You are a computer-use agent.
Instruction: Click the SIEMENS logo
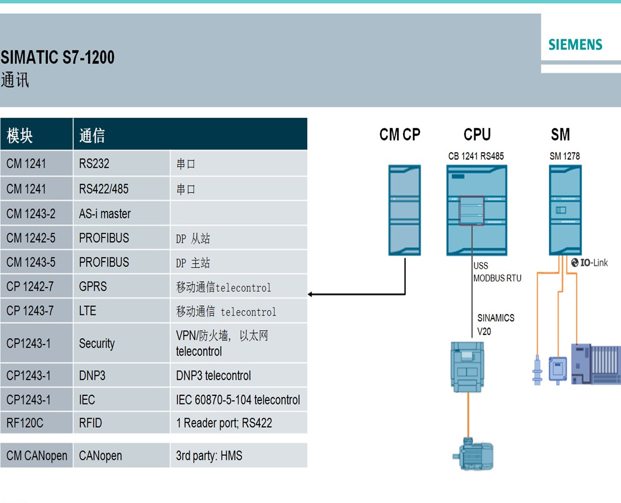point(575,45)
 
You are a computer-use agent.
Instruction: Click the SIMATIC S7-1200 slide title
point(57,57)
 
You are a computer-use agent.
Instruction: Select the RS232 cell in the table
point(94,164)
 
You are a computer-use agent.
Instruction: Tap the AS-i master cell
point(105,214)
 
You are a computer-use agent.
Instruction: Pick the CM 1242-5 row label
point(31,238)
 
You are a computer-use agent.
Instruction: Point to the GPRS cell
point(93,287)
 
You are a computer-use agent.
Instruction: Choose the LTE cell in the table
point(87,311)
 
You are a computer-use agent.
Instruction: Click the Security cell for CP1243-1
point(97,343)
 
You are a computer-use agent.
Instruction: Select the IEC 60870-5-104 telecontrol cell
point(238,400)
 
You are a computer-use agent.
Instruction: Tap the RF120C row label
point(25,423)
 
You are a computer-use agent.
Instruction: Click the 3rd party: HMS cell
point(209,456)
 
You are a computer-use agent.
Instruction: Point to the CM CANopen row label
point(37,456)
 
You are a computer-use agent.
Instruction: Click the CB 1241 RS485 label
point(476,156)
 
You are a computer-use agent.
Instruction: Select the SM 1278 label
point(564,156)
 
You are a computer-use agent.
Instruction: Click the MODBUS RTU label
point(497,278)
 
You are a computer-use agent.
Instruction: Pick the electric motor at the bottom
point(473,453)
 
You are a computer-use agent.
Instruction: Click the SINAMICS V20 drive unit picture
point(468,366)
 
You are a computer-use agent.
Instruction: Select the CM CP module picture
point(405,210)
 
